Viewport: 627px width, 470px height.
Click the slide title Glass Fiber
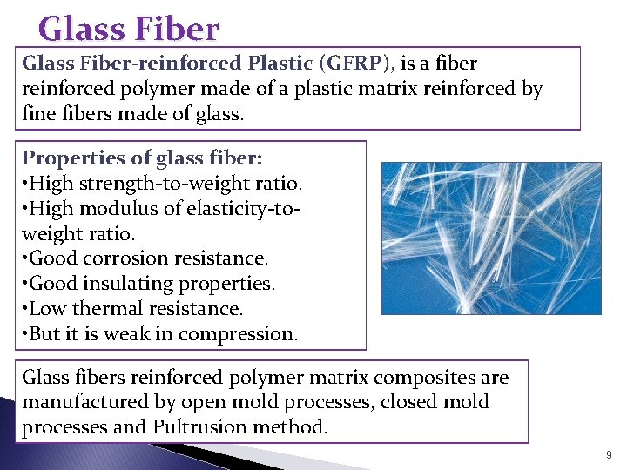(129, 30)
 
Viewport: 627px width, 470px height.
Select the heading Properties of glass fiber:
(142, 158)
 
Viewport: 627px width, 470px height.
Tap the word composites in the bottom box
(423, 378)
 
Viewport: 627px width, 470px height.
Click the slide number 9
(608, 454)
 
